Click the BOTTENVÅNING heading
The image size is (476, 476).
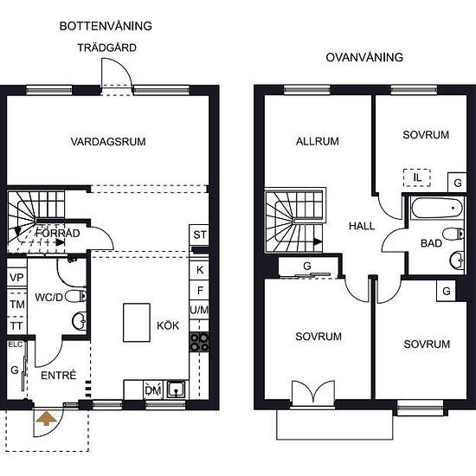click(106, 26)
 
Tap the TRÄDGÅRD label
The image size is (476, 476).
click(106, 48)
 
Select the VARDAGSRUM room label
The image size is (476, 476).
click(108, 141)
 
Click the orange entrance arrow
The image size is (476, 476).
click(46, 418)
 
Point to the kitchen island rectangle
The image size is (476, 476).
click(137, 323)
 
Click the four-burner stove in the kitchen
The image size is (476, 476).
click(199, 342)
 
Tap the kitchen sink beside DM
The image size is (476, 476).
click(176, 389)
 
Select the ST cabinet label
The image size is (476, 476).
click(200, 235)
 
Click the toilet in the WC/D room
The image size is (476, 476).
click(75, 296)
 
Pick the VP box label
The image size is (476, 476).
click(16, 278)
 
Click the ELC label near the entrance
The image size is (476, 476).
click(16, 344)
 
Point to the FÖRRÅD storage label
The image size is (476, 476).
click(58, 233)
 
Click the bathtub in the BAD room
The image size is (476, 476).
click(437, 209)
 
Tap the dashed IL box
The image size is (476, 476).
click(417, 177)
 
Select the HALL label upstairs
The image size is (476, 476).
click(362, 226)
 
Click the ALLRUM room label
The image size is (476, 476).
click(318, 141)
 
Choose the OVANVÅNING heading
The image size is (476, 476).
click(364, 57)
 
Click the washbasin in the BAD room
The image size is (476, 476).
click(457, 261)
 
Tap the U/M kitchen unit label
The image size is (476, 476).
click(199, 310)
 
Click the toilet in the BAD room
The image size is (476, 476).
click(453, 234)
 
